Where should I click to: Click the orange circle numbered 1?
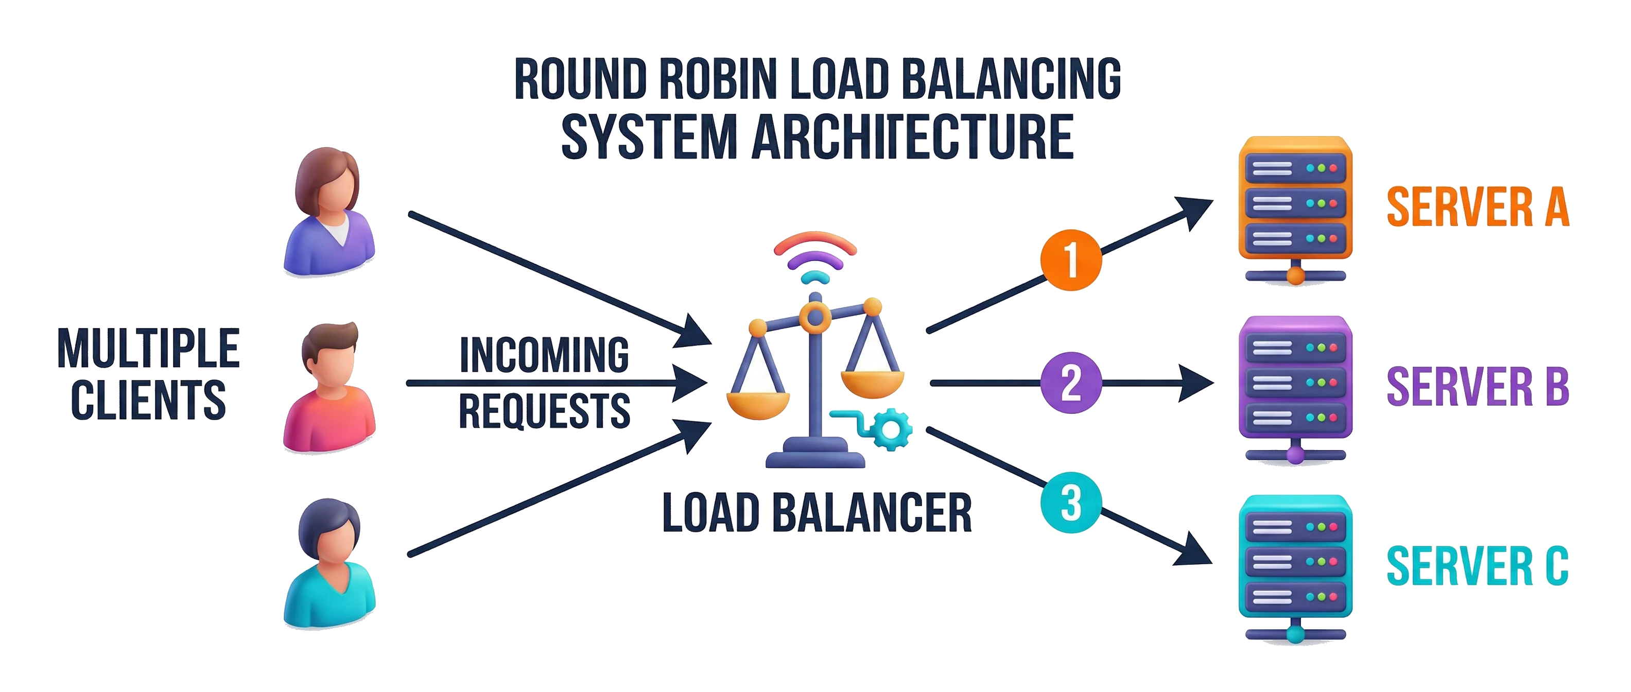pyautogui.click(x=1071, y=259)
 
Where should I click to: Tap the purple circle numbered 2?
pyautogui.click(x=1071, y=383)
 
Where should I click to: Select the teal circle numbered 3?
pyautogui.click(x=1071, y=503)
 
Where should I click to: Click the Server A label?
pyautogui.click(x=1478, y=206)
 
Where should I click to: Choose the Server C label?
pyautogui.click(x=1478, y=565)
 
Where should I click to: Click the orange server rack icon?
pyautogui.click(x=1295, y=210)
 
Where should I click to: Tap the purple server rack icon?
pyautogui.click(x=1295, y=390)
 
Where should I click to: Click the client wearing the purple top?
pyautogui.click(x=329, y=212)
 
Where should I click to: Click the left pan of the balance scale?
pyautogui.click(x=758, y=405)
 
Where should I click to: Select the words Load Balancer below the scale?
pyautogui.click(x=817, y=513)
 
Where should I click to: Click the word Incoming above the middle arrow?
pyautogui.click(x=545, y=355)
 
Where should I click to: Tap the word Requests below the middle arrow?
pyautogui.click(x=545, y=411)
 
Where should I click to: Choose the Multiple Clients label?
pyautogui.click(x=148, y=373)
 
